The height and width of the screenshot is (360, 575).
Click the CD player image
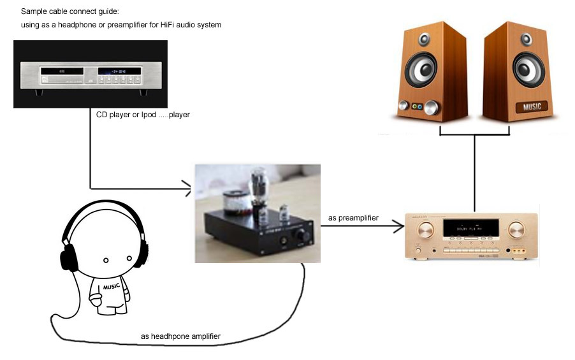[x=90, y=73]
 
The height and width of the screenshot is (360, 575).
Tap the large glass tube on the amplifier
[x=260, y=191]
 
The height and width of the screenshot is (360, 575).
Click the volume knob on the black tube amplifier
[x=299, y=238]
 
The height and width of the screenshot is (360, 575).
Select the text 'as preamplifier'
[x=353, y=219]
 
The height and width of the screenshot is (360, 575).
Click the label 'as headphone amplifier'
[x=180, y=336]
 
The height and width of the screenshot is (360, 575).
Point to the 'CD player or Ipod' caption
[x=143, y=115]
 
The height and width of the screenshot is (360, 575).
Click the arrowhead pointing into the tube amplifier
[x=187, y=188]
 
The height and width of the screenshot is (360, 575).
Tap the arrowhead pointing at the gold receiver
[x=399, y=225]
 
